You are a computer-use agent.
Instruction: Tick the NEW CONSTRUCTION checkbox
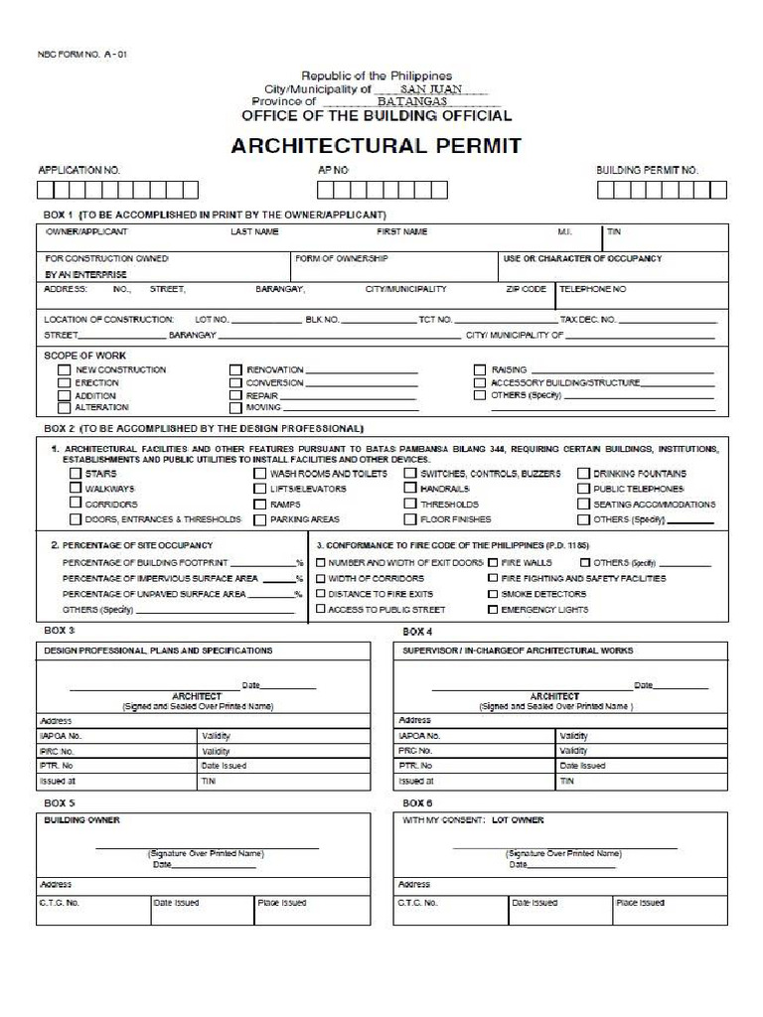(64, 369)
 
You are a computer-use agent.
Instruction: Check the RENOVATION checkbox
(235, 369)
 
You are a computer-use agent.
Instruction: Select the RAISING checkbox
(480, 369)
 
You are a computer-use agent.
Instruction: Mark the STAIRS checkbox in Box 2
(76, 475)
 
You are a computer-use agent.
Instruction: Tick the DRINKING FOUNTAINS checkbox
(585, 475)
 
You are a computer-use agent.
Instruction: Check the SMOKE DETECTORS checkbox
(493, 594)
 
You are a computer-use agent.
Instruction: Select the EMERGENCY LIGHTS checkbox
(493, 610)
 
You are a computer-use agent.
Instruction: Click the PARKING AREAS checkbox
(260, 519)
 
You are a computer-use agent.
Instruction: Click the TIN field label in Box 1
(613, 232)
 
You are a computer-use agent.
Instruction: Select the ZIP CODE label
(526, 289)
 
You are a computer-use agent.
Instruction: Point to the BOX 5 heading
(59, 802)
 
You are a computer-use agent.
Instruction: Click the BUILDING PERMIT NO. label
(647, 171)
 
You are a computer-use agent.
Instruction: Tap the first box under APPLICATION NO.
(46, 190)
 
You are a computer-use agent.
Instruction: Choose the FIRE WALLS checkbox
(493, 562)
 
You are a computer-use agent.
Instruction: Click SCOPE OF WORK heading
(84, 355)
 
